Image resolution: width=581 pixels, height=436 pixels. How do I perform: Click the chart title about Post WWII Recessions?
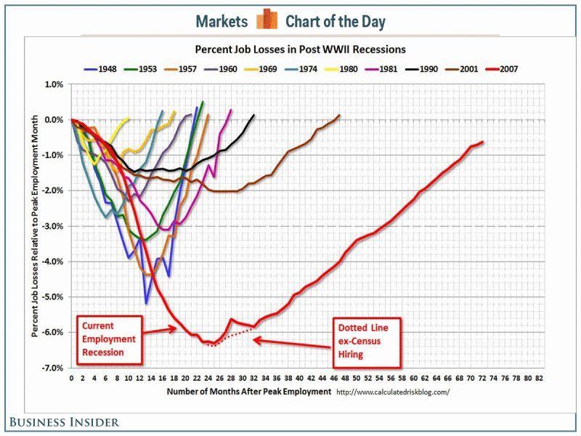pyautogui.click(x=299, y=50)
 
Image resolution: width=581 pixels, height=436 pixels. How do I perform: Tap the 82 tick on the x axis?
pyautogui.click(x=538, y=379)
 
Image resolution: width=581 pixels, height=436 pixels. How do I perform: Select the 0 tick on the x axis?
pyautogui.click(x=71, y=379)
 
